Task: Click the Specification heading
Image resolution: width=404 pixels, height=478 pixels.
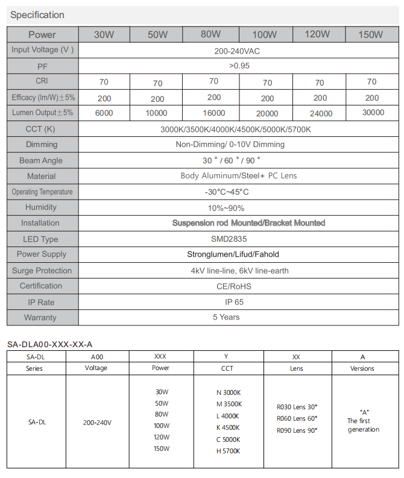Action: (x=37, y=14)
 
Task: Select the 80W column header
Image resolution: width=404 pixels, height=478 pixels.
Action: (x=210, y=34)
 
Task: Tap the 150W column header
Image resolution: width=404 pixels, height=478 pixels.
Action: (x=371, y=34)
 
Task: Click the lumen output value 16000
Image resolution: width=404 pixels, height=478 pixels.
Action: (x=214, y=113)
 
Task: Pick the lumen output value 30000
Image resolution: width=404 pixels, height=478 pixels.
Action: (x=373, y=112)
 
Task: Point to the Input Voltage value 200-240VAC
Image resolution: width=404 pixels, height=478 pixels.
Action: (x=237, y=51)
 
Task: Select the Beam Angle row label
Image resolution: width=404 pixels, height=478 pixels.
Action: (x=41, y=160)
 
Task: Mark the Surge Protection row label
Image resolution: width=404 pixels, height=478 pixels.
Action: (x=42, y=271)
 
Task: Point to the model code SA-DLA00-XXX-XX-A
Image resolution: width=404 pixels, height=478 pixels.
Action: (x=50, y=344)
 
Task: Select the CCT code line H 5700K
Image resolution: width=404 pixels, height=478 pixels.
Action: (x=228, y=451)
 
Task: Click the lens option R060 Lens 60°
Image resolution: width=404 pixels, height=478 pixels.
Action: (x=297, y=418)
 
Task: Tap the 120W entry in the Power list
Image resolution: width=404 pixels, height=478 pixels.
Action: (x=161, y=437)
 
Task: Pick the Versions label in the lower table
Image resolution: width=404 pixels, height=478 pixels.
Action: (x=362, y=368)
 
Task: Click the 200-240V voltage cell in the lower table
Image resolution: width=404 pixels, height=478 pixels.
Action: (x=97, y=423)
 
